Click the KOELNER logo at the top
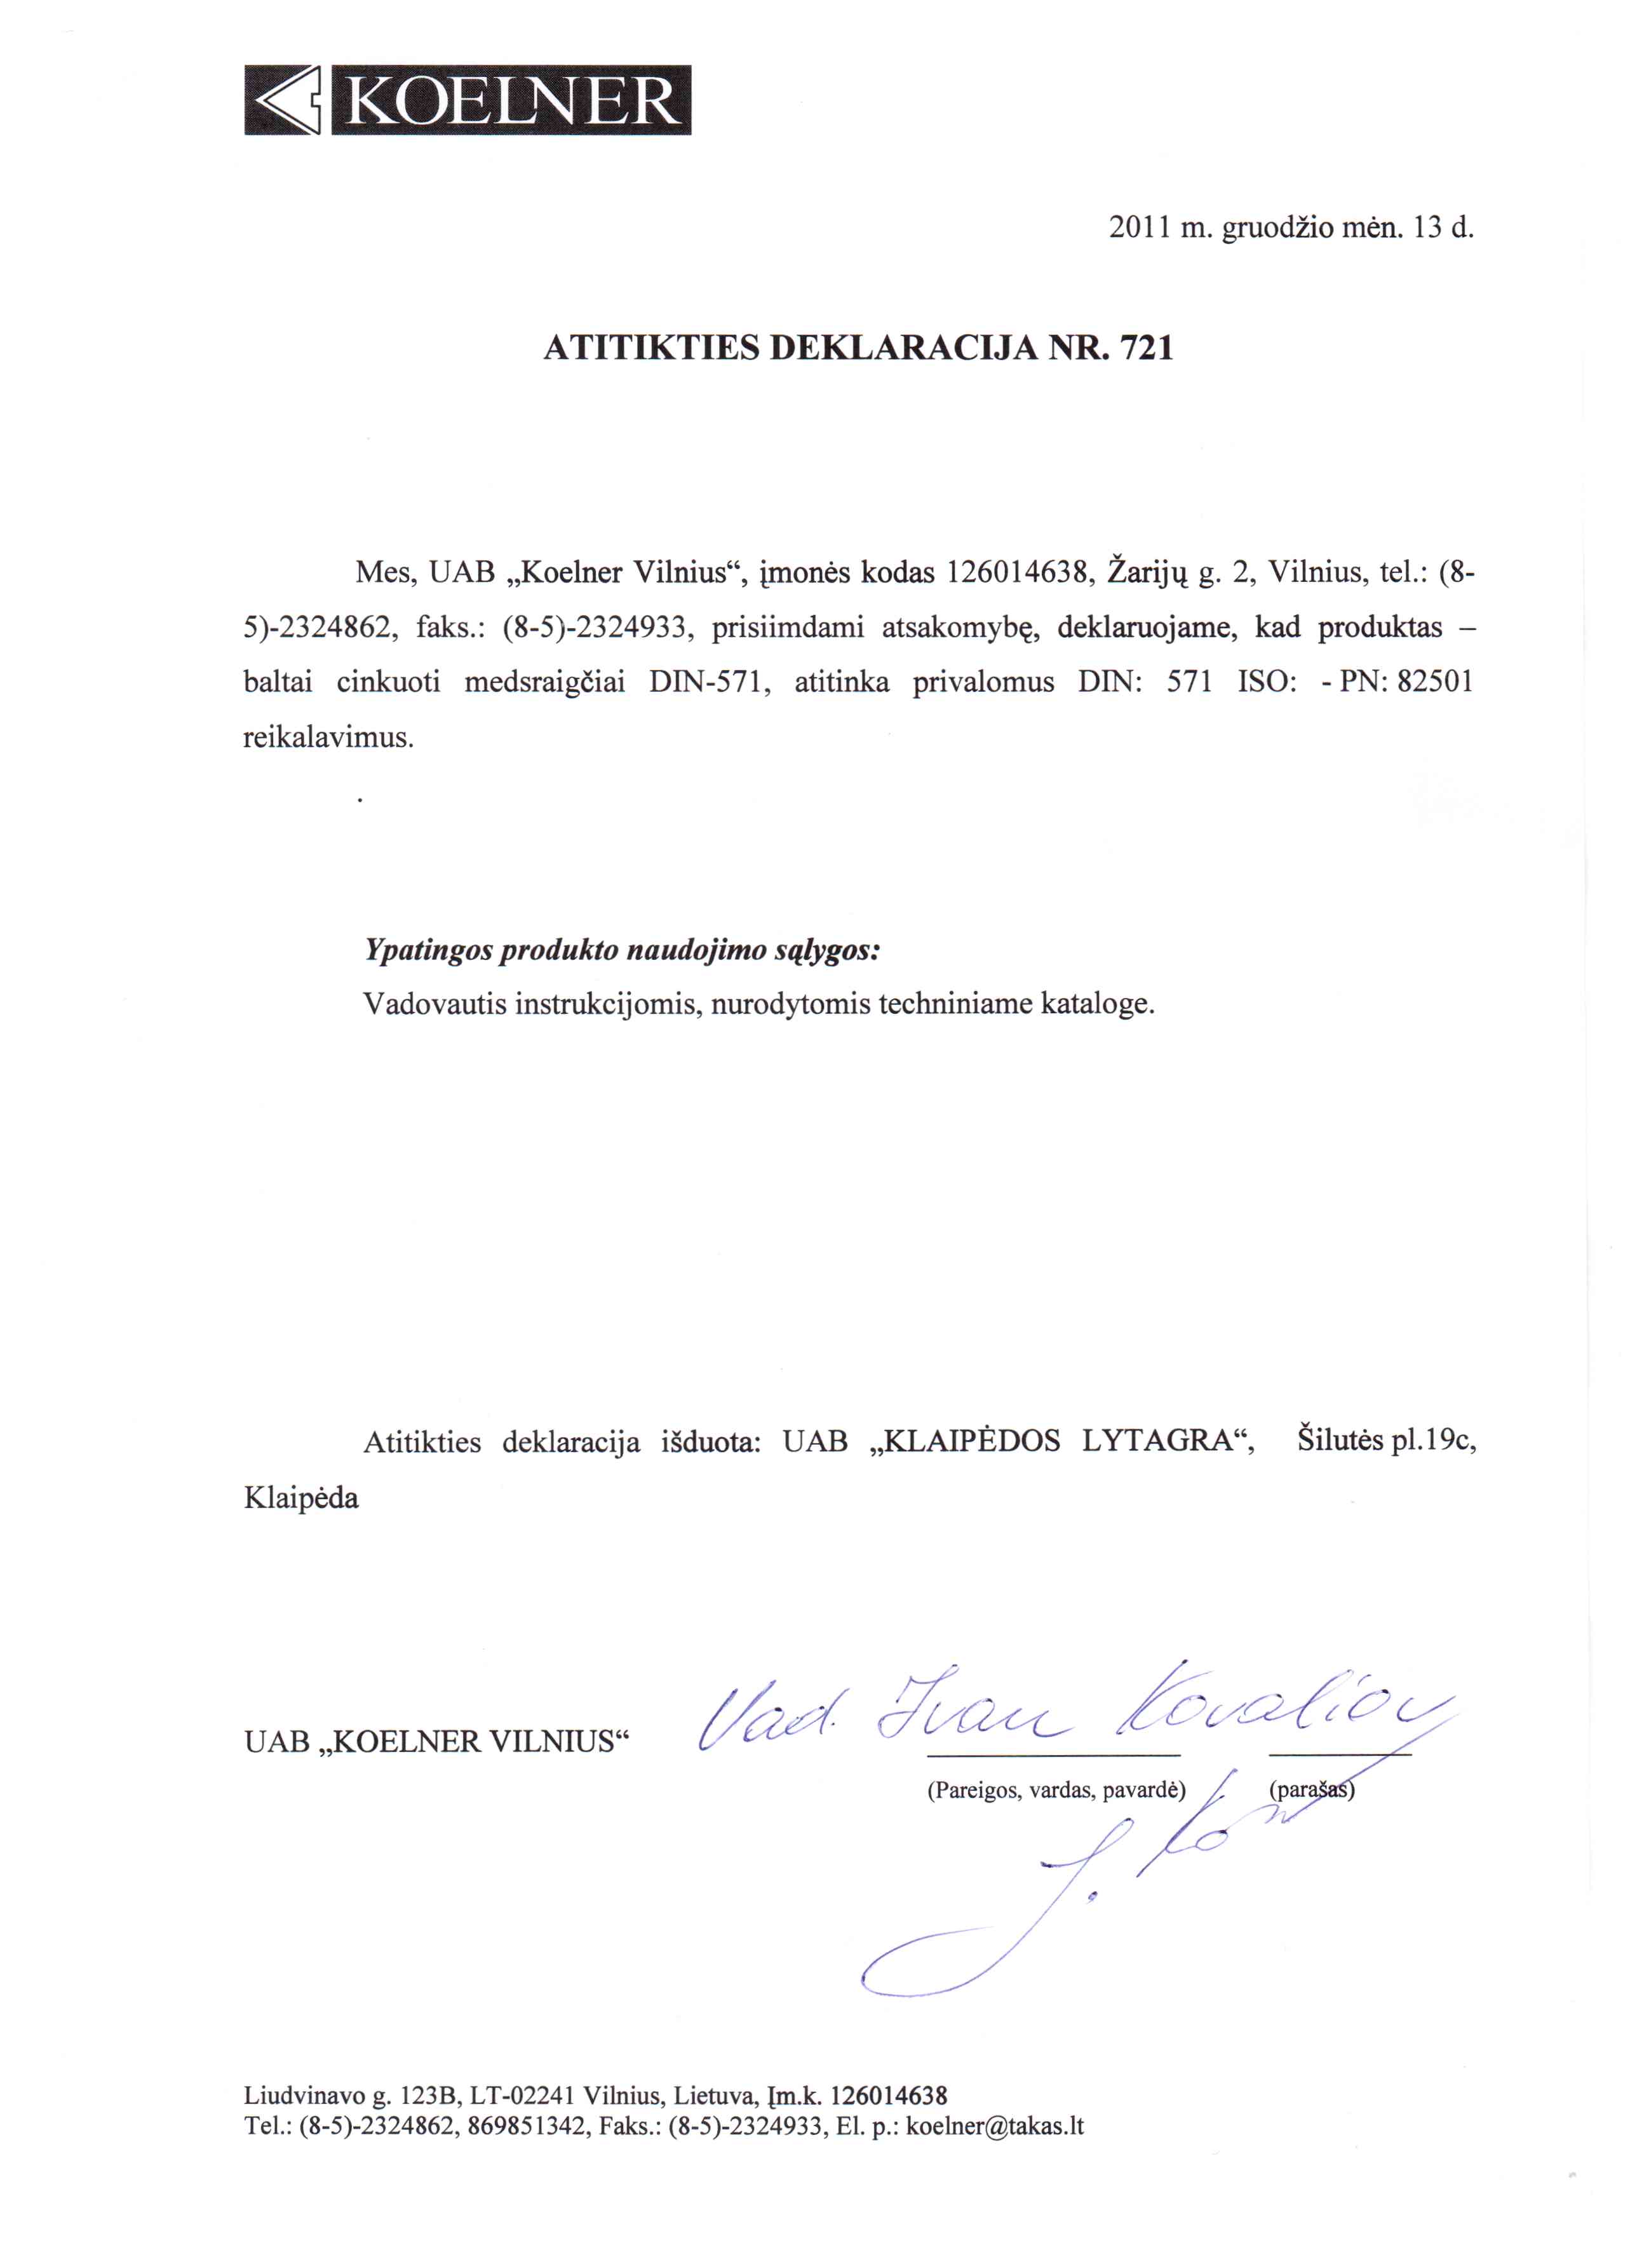click(x=467, y=100)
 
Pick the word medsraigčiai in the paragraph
click(x=545, y=683)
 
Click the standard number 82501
click(x=1435, y=683)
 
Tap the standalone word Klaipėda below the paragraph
click(x=301, y=1497)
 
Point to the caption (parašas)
click(x=1311, y=1790)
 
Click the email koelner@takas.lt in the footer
click(x=995, y=2125)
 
